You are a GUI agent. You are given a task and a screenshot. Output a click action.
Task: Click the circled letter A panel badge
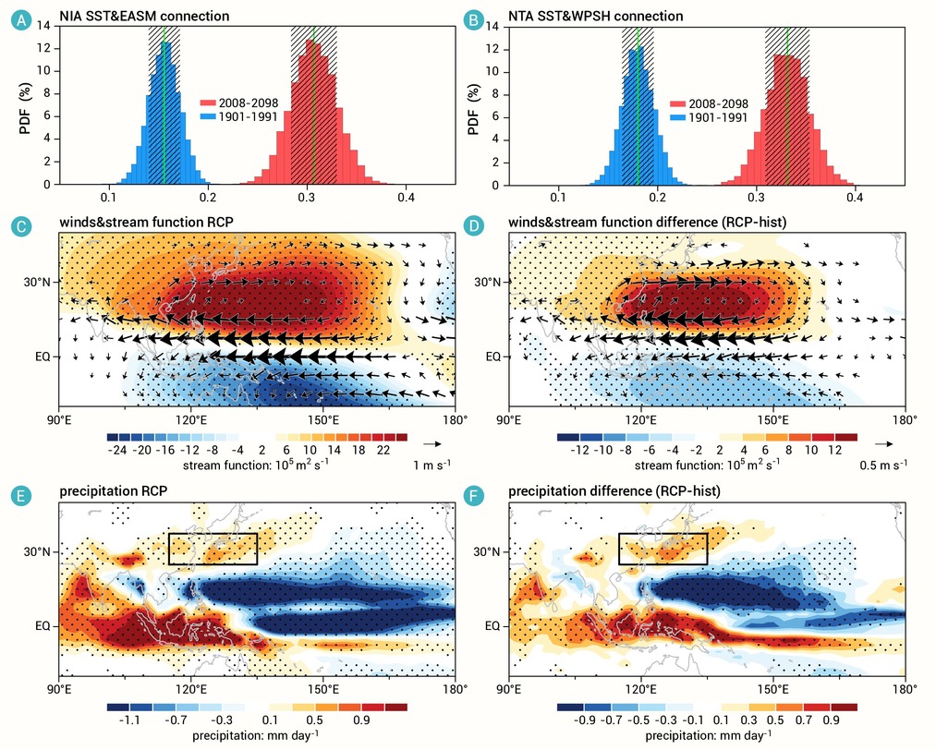click(x=22, y=20)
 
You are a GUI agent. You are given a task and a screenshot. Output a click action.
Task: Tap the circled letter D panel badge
click(x=473, y=226)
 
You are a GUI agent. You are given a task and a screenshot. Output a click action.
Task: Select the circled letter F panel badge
click(x=473, y=496)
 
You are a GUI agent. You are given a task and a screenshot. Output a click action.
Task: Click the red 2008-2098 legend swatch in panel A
click(x=207, y=103)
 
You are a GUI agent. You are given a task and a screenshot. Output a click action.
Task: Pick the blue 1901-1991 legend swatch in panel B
click(x=677, y=118)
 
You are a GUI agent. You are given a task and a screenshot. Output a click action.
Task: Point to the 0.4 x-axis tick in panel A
click(x=406, y=197)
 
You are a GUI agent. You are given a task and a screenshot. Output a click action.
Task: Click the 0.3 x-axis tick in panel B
click(x=757, y=197)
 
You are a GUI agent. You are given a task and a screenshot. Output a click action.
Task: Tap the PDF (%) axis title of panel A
click(x=25, y=108)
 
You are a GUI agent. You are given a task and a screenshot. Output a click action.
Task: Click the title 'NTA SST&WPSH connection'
click(x=596, y=16)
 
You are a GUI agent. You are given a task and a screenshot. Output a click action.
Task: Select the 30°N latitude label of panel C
click(x=37, y=282)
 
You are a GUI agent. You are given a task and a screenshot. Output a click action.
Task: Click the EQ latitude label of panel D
click(x=493, y=357)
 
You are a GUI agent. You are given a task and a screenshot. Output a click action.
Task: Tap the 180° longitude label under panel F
click(x=906, y=690)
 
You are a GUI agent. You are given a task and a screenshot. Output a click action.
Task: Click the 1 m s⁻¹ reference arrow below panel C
click(x=432, y=444)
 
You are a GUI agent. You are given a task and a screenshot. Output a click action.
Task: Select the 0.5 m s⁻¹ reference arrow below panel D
click(x=883, y=444)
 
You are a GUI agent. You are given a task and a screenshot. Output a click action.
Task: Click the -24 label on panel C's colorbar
click(x=117, y=450)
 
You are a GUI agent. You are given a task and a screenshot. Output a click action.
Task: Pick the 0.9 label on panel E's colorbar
click(x=361, y=720)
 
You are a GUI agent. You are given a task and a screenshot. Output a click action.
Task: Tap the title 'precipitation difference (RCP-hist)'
click(x=614, y=491)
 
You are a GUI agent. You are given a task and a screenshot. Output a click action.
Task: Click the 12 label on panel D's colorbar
click(x=834, y=450)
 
